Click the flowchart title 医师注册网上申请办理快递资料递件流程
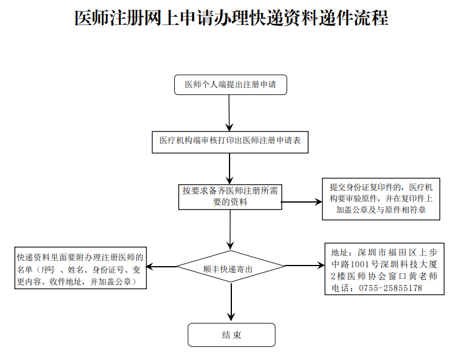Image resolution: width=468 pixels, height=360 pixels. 231,18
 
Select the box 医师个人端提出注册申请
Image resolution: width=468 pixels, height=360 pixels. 230,85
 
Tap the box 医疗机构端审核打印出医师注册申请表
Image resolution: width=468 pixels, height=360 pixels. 230,142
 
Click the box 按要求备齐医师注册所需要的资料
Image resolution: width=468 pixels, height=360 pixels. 230,197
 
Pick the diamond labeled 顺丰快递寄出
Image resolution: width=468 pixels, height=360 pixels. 231,266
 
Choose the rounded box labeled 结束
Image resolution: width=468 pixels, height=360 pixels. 231,334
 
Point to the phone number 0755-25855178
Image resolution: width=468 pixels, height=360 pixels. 391,288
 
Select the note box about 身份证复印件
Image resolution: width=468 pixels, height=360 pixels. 381,199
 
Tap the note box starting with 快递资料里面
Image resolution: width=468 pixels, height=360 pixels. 81,268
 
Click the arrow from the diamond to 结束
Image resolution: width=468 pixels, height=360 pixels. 231,302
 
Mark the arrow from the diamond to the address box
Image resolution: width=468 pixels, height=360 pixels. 304,265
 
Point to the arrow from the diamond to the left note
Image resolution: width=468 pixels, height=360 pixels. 162,266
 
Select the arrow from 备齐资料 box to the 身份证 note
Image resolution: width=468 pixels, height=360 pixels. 301,202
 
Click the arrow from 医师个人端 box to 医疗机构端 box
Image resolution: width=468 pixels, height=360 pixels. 229,113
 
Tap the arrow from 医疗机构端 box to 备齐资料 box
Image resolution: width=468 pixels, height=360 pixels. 230,169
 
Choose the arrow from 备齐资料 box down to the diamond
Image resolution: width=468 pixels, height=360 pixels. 230,230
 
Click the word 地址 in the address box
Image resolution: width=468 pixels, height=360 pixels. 340,252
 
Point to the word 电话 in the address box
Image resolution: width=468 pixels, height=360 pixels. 340,288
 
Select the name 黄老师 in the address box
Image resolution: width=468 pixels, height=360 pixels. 423,276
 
